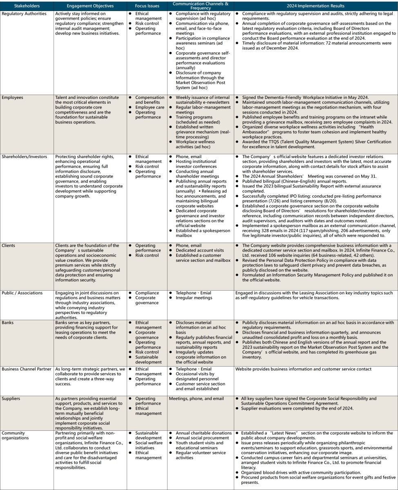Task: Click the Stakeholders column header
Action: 27,6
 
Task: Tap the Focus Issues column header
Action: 147,6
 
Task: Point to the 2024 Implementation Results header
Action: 316,6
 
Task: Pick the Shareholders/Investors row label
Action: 24,156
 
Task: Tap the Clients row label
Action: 9,245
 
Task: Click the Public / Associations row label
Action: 22,293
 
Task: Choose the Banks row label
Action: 8,322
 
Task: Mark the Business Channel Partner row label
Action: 27,369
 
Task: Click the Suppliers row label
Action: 11,398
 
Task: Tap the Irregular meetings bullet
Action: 194,298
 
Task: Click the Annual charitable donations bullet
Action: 203,432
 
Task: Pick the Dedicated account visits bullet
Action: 200,250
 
